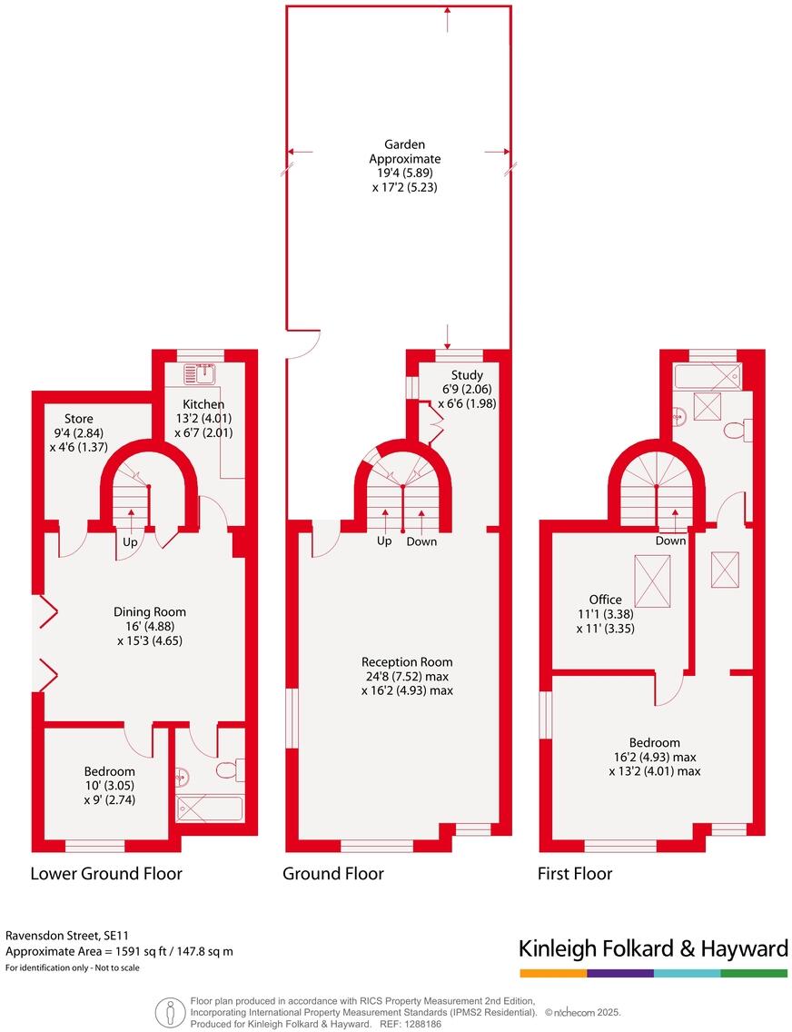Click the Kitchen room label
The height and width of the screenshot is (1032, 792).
[x=203, y=404]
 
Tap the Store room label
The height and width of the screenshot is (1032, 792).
[x=78, y=419]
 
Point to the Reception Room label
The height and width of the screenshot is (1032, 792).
[x=407, y=662]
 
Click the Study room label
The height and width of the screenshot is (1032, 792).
[x=467, y=375]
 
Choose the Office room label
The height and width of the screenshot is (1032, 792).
[x=605, y=600]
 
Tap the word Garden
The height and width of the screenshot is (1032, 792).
[x=404, y=144]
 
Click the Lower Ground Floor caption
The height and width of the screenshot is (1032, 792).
[x=106, y=874]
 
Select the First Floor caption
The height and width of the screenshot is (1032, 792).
[x=574, y=874]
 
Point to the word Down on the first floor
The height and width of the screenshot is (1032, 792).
[x=670, y=541]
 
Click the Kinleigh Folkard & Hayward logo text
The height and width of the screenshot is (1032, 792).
[x=653, y=949]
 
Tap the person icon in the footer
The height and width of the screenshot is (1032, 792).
[x=168, y=1011]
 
